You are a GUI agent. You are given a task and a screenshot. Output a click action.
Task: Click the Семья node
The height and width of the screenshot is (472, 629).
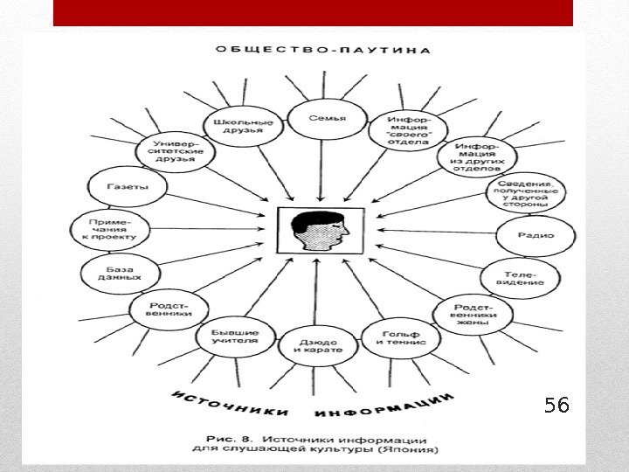tap(328, 119)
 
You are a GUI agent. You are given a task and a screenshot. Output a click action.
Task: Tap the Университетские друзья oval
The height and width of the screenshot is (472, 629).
tap(175, 149)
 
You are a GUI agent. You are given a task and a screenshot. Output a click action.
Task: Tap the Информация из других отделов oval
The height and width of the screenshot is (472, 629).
tap(478, 155)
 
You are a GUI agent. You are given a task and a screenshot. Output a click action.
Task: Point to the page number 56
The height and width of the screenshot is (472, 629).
tap(556, 405)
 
